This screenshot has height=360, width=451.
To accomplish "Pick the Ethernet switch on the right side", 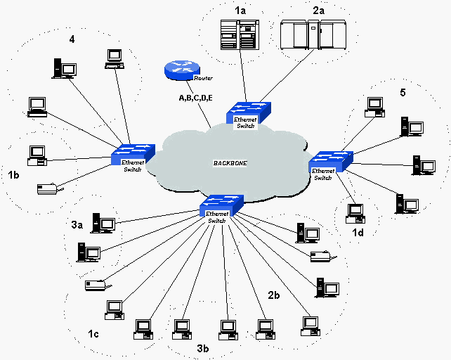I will (328, 161).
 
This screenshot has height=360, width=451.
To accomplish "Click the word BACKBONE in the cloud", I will (230, 163).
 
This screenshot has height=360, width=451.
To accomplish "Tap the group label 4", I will (71, 39).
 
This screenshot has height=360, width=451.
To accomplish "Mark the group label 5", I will (403, 92).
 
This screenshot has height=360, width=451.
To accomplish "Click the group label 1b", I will (14, 174).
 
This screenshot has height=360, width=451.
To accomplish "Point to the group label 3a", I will (77, 225).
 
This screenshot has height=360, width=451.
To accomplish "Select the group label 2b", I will (275, 295).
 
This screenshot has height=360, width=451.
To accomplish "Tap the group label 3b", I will (203, 347).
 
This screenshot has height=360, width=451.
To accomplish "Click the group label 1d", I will (358, 231).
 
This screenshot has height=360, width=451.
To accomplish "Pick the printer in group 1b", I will (48, 188).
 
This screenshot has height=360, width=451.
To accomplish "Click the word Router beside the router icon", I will (203, 78).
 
